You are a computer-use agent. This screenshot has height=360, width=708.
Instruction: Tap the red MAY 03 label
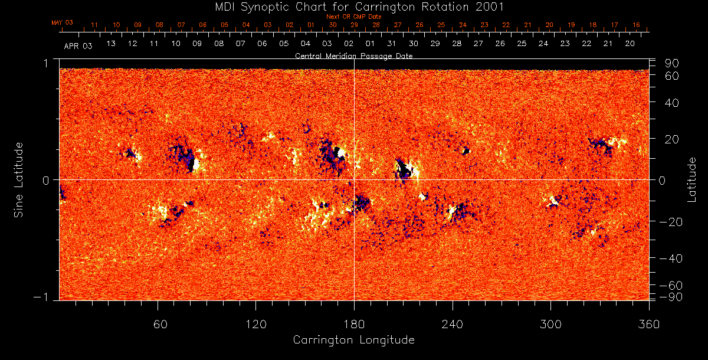click(x=62, y=22)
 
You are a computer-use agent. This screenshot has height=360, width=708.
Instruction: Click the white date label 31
click(x=392, y=44)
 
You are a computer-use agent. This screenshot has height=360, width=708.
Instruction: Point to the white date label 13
click(x=110, y=44)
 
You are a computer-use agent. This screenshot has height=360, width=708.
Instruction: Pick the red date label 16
click(x=636, y=25)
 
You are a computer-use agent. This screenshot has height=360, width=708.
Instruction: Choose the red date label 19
click(x=571, y=25)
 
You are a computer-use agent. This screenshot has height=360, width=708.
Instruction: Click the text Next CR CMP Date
click(x=353, y=17)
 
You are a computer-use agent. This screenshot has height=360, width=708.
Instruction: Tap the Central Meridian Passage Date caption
click(x=353, y=56)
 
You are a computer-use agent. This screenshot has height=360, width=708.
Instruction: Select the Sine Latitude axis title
click(x=19, y=179)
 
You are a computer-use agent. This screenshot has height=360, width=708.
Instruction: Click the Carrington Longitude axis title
click(x=353, y=340)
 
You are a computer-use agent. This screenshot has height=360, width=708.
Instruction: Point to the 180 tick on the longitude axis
click(x=354, y=325)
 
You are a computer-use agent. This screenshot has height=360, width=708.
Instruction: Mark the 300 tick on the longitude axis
click(x=550, y=325)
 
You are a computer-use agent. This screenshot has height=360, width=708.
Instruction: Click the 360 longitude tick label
click(x=649, y=325)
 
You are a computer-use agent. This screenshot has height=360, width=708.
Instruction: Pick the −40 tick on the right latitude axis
click(x=670, y=258)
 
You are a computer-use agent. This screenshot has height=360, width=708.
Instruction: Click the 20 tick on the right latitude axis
click(x=672, y=139)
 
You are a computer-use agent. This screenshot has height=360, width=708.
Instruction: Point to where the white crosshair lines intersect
click(x=354, y=179)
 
